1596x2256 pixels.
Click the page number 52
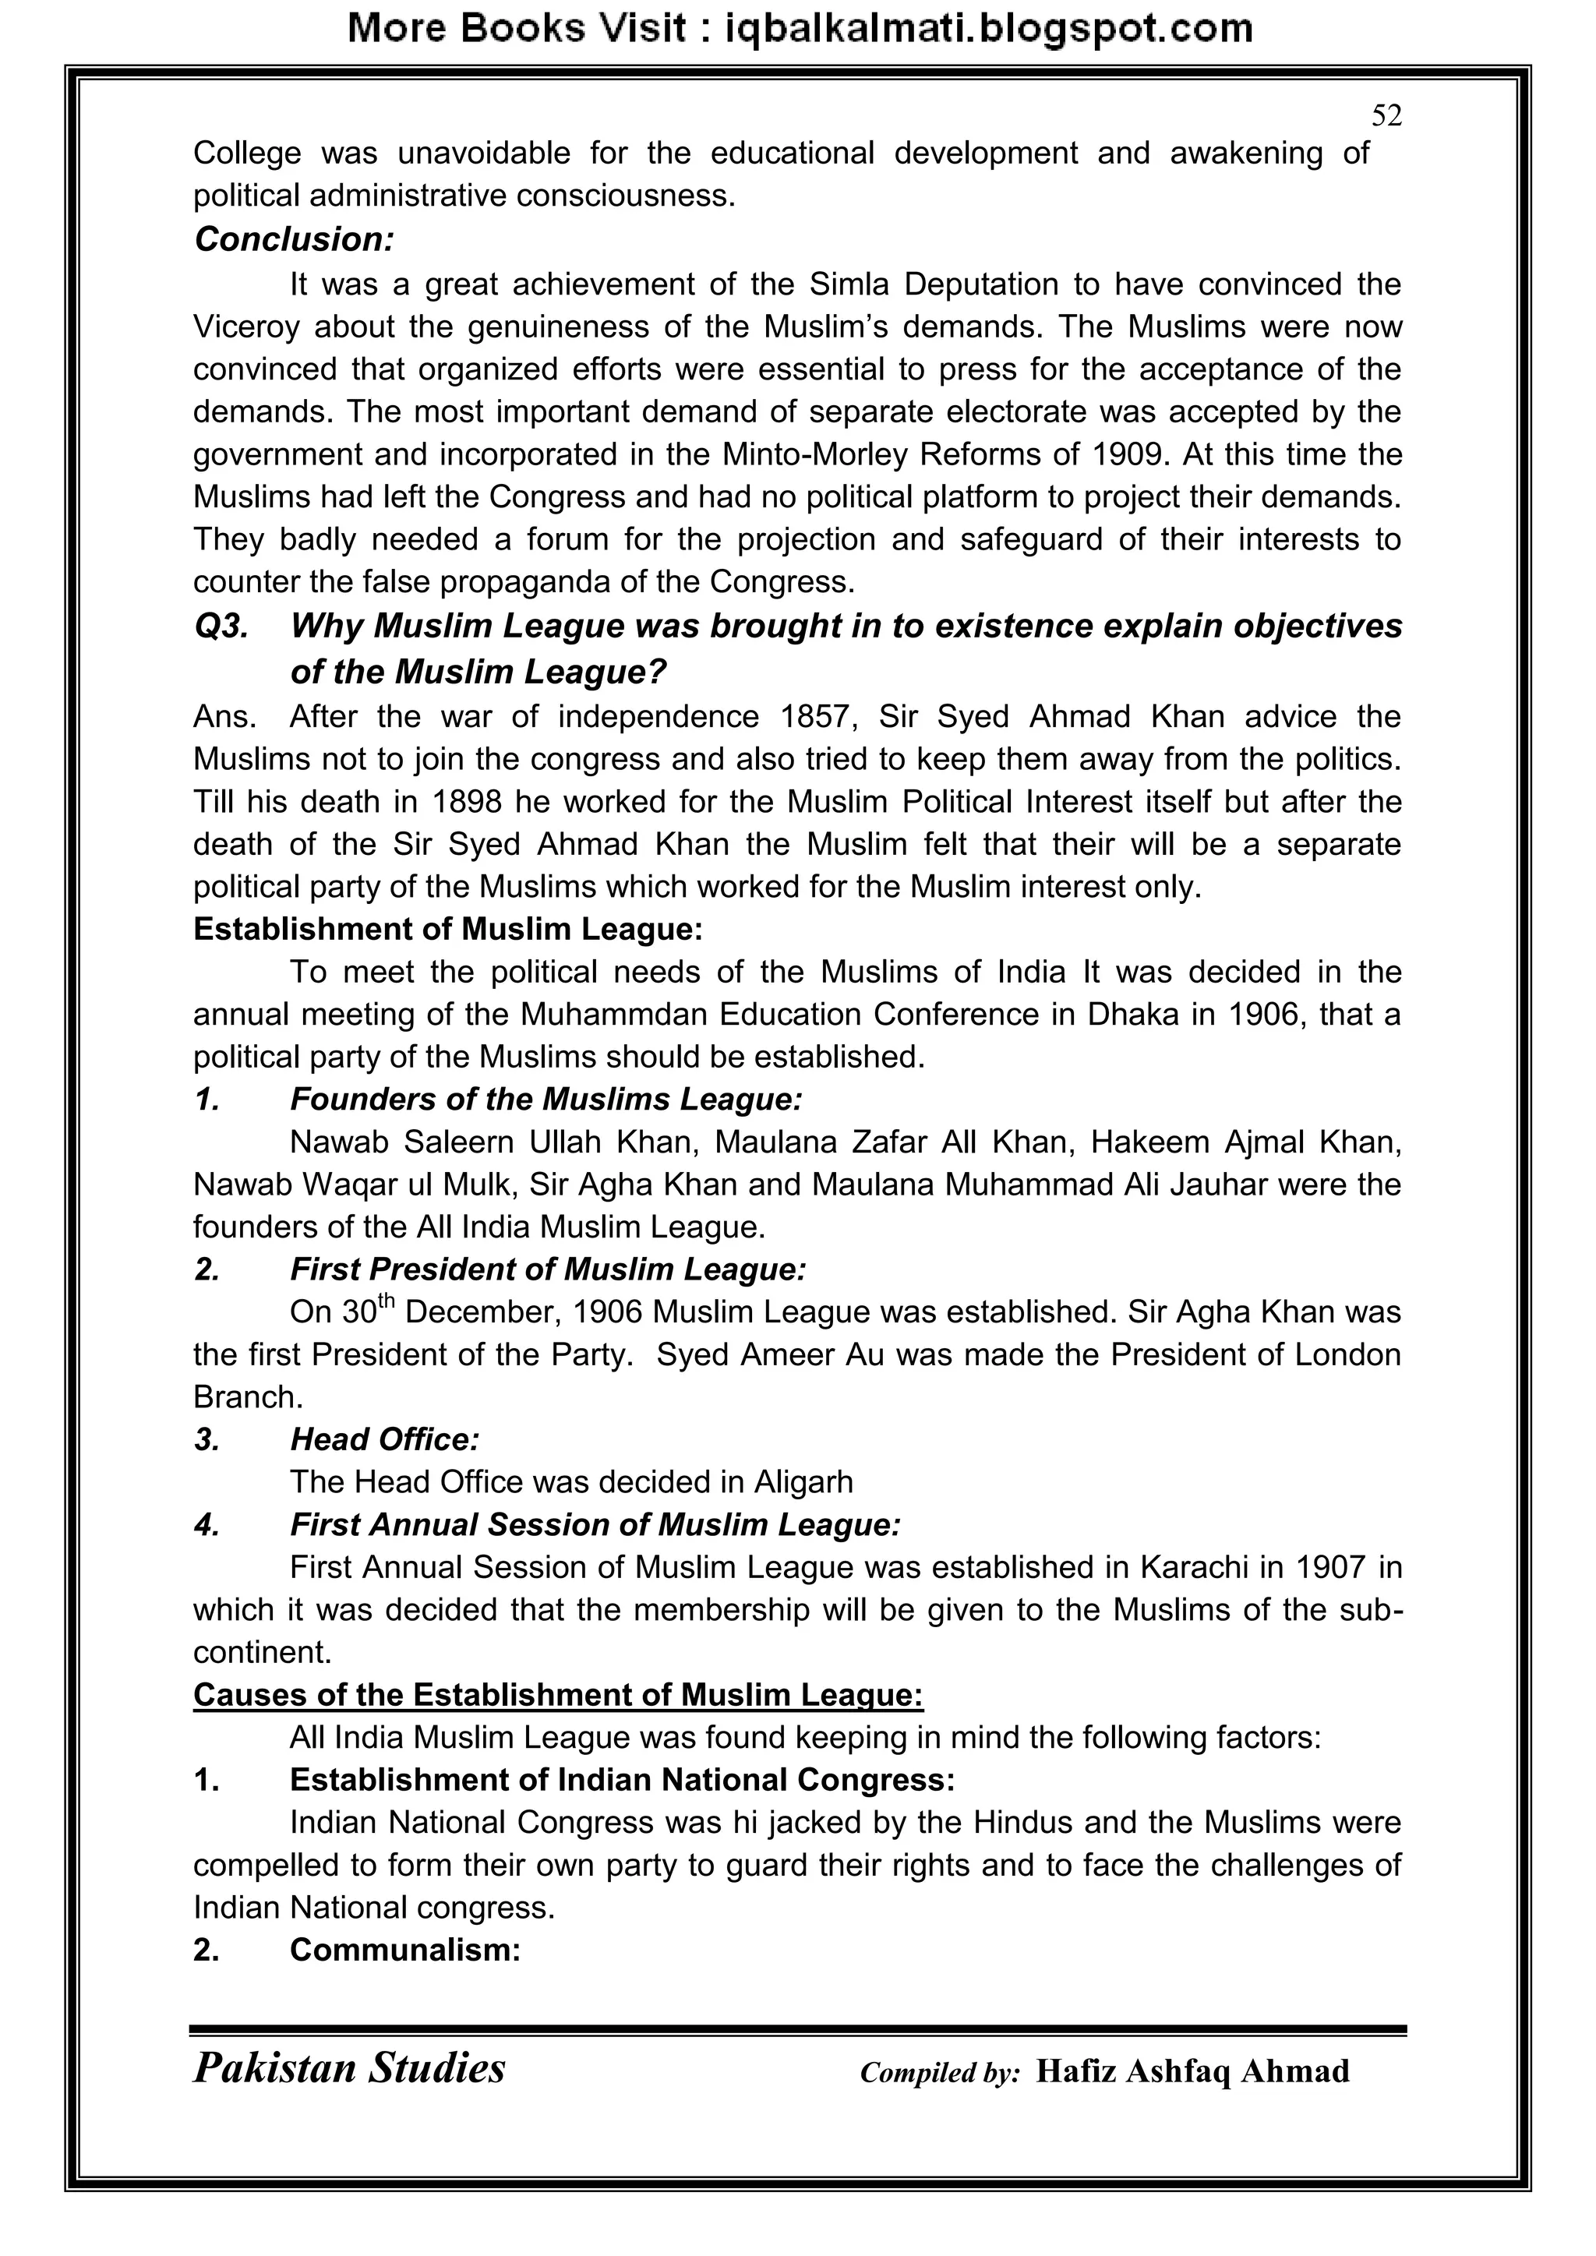(1386, 116)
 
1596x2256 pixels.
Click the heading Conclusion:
(294, 240)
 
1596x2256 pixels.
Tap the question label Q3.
(221, 626)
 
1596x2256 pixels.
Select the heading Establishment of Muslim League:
(448, 930)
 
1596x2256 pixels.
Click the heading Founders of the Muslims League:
(546, 1100)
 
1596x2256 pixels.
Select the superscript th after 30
(387, 1302)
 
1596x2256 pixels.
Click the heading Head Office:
(384, 1440)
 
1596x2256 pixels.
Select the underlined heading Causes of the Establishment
(557, 1695)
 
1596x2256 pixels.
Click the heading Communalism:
(405, 1951)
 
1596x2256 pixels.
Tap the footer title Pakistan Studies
(349, 2068)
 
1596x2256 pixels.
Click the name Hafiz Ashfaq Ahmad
(1192, 2071)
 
